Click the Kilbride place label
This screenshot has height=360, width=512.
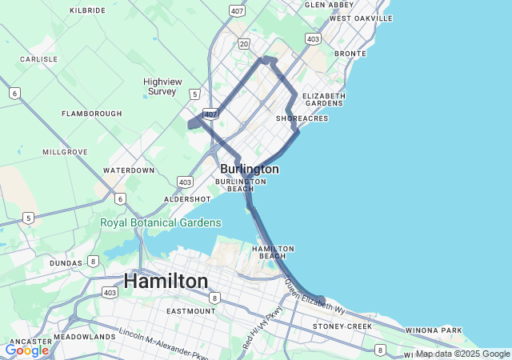pyautogui.click(x=88, y=10)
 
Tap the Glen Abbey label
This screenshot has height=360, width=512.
pyautogui.click(x=329, y=5)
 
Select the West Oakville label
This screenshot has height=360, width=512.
pyautogui.click(x=361, y=18)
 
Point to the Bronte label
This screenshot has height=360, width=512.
pyautogui.click(x=350, y=54)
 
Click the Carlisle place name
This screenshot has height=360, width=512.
pyautogui.click(x=38, y=59)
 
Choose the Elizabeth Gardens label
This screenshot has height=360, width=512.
pyautogui.click(x=324, y=99)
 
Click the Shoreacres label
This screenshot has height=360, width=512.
pyautogui.click(x=302, y=118)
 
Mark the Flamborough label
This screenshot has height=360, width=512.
pyautogui.click(x=92, y=114)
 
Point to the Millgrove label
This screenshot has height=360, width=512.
pyautogui.click(x=65, y=151)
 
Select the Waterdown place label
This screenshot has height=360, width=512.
pyautogui.click(x=129, y=170)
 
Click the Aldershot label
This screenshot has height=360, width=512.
pyautogui.click(x=187, y=198)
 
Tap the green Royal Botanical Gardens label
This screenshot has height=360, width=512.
pyautogui.click(x=160, y=222)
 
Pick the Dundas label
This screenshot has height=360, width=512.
pyautogui.click(x=65, y=262)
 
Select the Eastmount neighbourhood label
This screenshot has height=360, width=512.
pyautogui.click(x=190, y=310)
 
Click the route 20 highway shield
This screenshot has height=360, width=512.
pyautogui.click(x=244, y=43)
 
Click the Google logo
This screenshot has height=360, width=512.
pyautogui.click(x=26, y=350)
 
